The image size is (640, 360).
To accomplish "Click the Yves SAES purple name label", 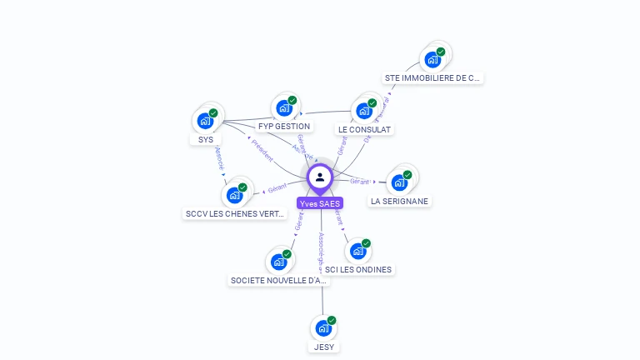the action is click(320, 203).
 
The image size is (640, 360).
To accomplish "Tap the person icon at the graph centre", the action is click(320, 177).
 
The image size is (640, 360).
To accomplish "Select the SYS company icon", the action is click(205, 121).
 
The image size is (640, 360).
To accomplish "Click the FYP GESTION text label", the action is click(284, 127).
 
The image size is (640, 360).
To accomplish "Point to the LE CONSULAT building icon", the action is click(364, 110).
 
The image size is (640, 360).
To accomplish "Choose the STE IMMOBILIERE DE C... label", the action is click(432, 78).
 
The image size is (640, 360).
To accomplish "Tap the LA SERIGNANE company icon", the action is click(399, 182).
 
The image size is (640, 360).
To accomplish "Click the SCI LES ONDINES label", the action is click(358, 270).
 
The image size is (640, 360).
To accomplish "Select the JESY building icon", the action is click(322, 328).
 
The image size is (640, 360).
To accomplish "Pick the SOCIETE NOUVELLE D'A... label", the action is click(279, 281).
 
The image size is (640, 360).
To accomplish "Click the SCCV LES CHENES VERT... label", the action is click(236, 213).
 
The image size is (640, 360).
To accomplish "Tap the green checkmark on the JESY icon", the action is click(332, 320).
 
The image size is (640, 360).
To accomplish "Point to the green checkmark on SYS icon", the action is click(213, 112).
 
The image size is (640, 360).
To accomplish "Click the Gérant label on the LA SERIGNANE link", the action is click(360, 181).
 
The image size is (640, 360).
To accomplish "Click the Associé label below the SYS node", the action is click(220, 158).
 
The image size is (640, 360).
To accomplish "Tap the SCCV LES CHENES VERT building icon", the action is click(234, 195).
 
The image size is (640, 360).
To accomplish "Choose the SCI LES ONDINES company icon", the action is click(357, 251).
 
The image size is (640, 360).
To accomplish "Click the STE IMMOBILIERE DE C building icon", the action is click(432, 59).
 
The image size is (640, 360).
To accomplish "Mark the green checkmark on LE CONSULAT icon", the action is click(372, 102).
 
